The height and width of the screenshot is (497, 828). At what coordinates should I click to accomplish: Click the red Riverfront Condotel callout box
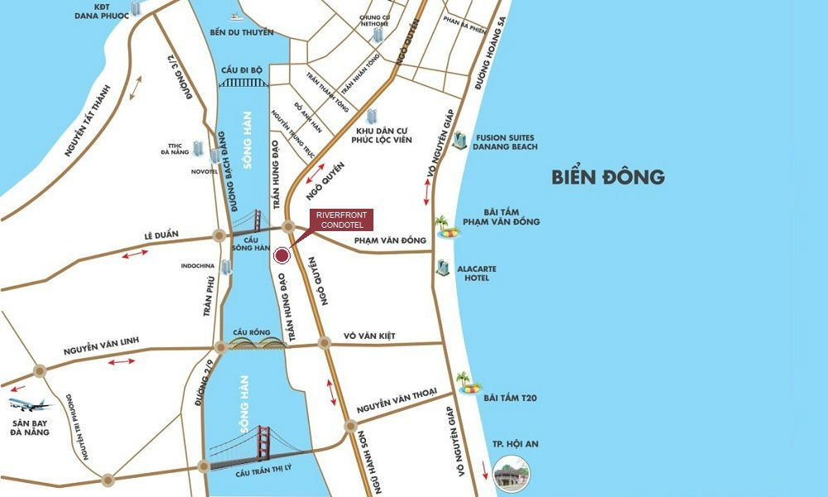click(x=340, y=220)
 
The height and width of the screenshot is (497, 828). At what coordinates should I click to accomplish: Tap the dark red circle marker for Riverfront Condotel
click(x=282, y=256)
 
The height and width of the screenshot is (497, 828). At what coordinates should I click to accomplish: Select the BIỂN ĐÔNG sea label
click(x=609, y=176)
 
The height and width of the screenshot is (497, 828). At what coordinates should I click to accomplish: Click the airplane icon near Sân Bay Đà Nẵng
click(x=29, y=405)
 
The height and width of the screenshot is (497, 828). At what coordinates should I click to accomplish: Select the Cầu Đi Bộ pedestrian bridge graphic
click(x=243, y=81)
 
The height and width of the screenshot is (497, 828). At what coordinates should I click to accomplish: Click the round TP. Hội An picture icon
click(x=510, y=473)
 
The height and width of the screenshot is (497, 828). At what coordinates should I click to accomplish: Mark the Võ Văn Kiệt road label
click(x=369, y=336)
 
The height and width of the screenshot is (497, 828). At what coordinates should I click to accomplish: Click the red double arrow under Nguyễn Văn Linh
click(x=123, y=361)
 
